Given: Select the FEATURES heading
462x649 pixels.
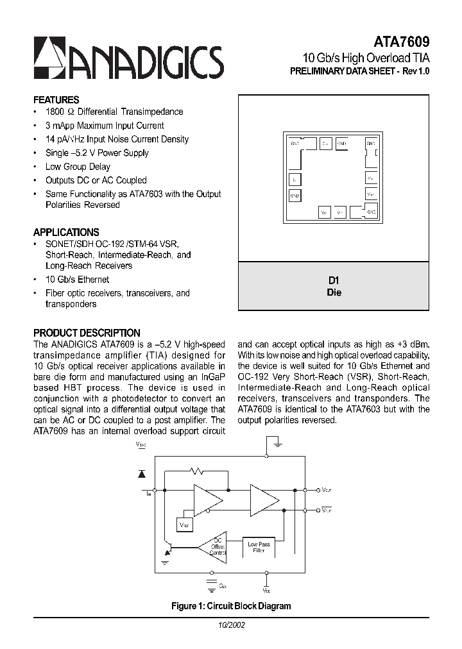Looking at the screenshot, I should (56, 100).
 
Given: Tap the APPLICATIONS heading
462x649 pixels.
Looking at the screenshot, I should (66, 232).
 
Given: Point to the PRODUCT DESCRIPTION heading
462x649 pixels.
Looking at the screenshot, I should (87, 333).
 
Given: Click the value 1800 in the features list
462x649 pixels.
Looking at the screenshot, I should (55, 112).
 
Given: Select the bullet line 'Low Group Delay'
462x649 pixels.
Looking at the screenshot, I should (78, 167).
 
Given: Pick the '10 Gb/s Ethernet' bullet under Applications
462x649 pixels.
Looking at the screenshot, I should (77, 280).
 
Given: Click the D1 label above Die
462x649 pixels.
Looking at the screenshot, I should (334, 280).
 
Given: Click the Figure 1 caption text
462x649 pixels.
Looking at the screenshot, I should (231, 605).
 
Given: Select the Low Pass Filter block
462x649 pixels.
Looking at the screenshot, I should (259, 547).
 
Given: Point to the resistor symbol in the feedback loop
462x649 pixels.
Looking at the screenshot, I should (199, 471).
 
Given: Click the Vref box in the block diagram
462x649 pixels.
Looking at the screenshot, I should (184, 525).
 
